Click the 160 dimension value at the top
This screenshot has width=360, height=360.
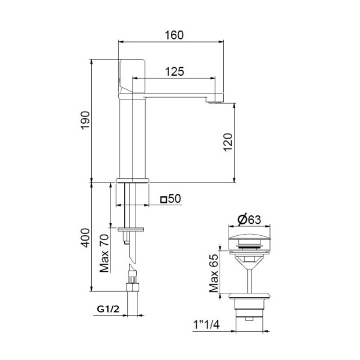173,35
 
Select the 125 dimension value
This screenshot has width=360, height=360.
174,71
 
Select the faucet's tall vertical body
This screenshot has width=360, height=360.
133,138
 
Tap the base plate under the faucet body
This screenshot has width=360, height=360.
131,181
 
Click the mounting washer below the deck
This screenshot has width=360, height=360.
132,229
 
